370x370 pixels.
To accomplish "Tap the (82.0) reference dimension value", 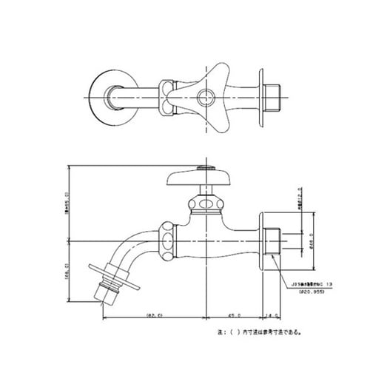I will click(x=152, y=313).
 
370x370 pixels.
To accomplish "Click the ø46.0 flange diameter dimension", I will click(x=312, y=240).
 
